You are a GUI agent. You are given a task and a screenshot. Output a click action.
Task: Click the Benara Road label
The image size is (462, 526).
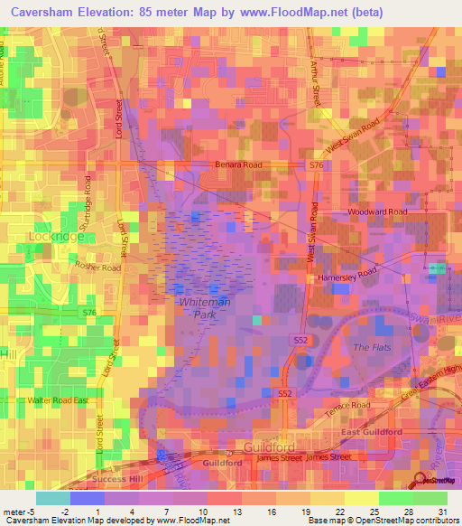[238, 165]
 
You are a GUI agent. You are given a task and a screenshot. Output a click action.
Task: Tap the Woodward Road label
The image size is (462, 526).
[377, 212]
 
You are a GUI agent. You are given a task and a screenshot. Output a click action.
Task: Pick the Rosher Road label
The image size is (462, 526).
[97, 268]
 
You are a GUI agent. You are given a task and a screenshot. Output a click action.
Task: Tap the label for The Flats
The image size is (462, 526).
[370, 347]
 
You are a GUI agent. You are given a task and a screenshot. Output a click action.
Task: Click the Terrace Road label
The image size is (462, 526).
[348, 408]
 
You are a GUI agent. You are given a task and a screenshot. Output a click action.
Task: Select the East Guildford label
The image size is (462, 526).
[371, 433]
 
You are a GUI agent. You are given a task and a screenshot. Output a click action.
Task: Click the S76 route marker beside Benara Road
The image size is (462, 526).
[316, 165]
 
